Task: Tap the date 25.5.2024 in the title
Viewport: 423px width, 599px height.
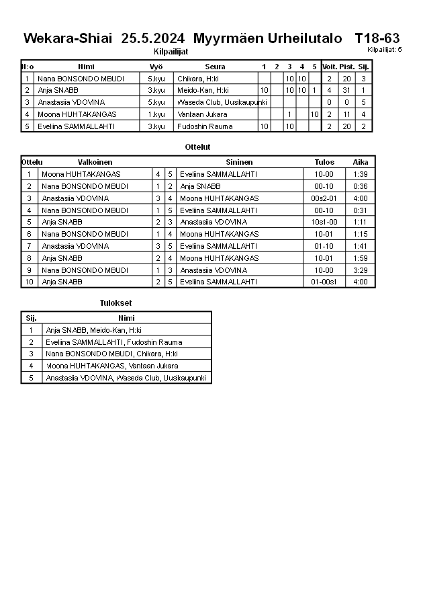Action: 153,38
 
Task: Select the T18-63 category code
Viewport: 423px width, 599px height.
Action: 377,38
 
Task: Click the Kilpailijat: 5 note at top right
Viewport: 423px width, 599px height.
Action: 384,49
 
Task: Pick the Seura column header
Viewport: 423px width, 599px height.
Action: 215,67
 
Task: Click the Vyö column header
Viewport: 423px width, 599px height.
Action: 156,67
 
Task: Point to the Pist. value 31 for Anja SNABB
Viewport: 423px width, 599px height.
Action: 346,90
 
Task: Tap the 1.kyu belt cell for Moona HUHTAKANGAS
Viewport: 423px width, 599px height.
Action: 156,114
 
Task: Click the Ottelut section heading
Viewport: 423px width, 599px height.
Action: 197,147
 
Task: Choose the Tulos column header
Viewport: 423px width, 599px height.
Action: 324,162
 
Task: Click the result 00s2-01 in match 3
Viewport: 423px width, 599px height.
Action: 324,198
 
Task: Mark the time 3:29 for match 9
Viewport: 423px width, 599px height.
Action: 361,270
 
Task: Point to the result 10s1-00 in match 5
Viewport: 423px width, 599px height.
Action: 324,222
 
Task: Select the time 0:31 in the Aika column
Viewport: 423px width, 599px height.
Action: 361,210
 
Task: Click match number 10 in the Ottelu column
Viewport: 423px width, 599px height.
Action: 29,282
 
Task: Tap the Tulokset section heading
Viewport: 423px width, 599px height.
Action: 116,303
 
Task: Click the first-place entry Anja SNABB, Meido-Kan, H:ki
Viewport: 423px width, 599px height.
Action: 93,330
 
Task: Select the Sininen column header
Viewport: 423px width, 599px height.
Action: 239,162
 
